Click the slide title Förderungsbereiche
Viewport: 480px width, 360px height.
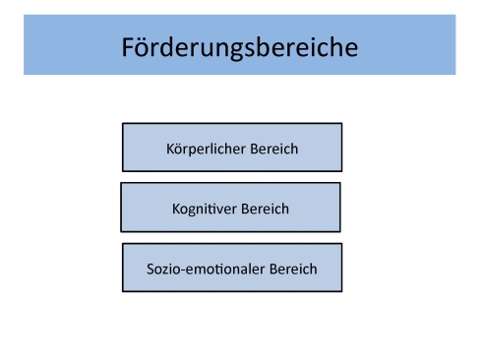point(239,46)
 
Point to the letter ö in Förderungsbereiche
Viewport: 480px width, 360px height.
point(144,47)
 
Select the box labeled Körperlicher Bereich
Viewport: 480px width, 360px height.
point(232,148)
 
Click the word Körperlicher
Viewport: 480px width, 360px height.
point(206,150)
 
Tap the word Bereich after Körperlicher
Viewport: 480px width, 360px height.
point(273,150)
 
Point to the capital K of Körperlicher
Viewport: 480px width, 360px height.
point(171,150)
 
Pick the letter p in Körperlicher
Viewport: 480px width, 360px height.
point(194,151)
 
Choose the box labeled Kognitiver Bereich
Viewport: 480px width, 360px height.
point(230,208)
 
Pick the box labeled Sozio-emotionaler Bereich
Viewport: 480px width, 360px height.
point(232,268)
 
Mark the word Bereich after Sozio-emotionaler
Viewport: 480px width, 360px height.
point(294,269)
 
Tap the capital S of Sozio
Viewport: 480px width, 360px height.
point(150,269)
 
